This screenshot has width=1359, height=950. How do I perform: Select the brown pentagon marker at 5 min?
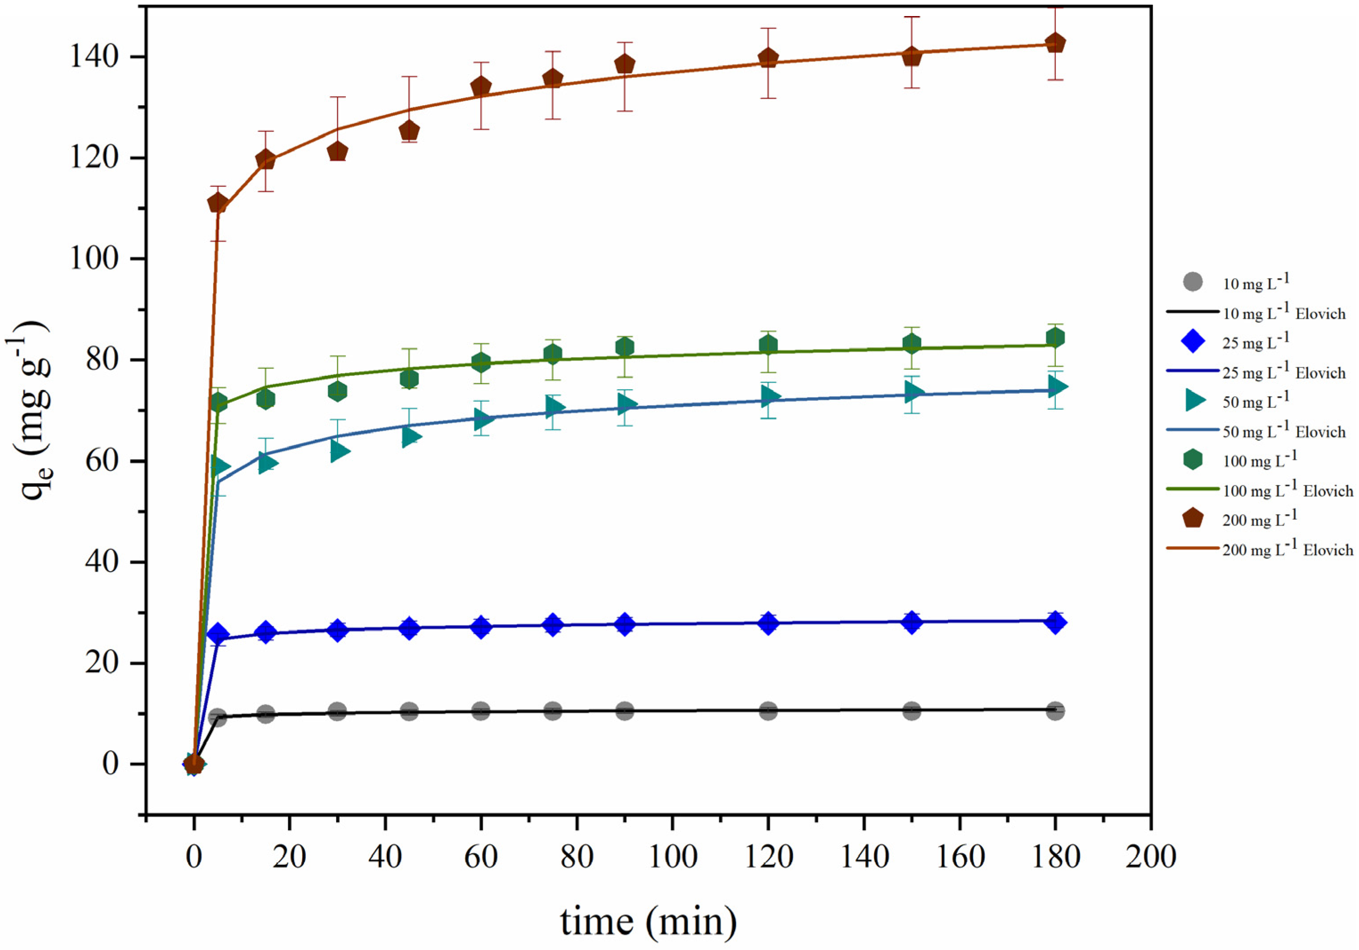click(218, 203)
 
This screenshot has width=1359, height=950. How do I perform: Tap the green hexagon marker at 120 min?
click(768, 345)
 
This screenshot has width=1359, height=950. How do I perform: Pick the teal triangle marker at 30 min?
click(339, 452)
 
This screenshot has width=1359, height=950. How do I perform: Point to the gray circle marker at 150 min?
click(911, 711)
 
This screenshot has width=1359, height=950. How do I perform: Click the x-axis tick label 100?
click(673, 856)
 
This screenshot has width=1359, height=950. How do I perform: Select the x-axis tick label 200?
click(1150, 856)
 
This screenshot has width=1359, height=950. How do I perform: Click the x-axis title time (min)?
click(649, 921)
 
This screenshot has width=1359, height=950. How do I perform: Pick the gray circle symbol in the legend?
click(1193, 282)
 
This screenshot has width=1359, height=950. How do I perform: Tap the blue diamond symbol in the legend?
click(1193, 341)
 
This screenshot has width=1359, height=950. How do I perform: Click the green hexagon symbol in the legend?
click(1193, 459)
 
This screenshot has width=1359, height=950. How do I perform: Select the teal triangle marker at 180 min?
click(1056, 387)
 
